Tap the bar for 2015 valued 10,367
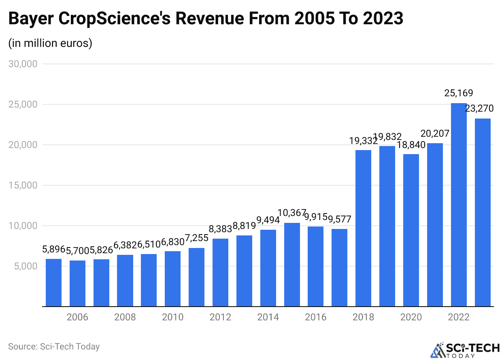coord(292,265)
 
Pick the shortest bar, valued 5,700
coord(77,283)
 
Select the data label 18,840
coord(411,145)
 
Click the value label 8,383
coord(221,229)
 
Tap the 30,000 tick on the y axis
coord(23,64)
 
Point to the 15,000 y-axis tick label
coord(23,185)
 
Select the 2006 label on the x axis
coord(77,317)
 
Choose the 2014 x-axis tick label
coord(268,317)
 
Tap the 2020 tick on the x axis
coord(411,317)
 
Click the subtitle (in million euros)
coord(50,43)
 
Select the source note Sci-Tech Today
coord(54,346)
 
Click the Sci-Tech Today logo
coord(465,349)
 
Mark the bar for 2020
coord(411,230)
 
